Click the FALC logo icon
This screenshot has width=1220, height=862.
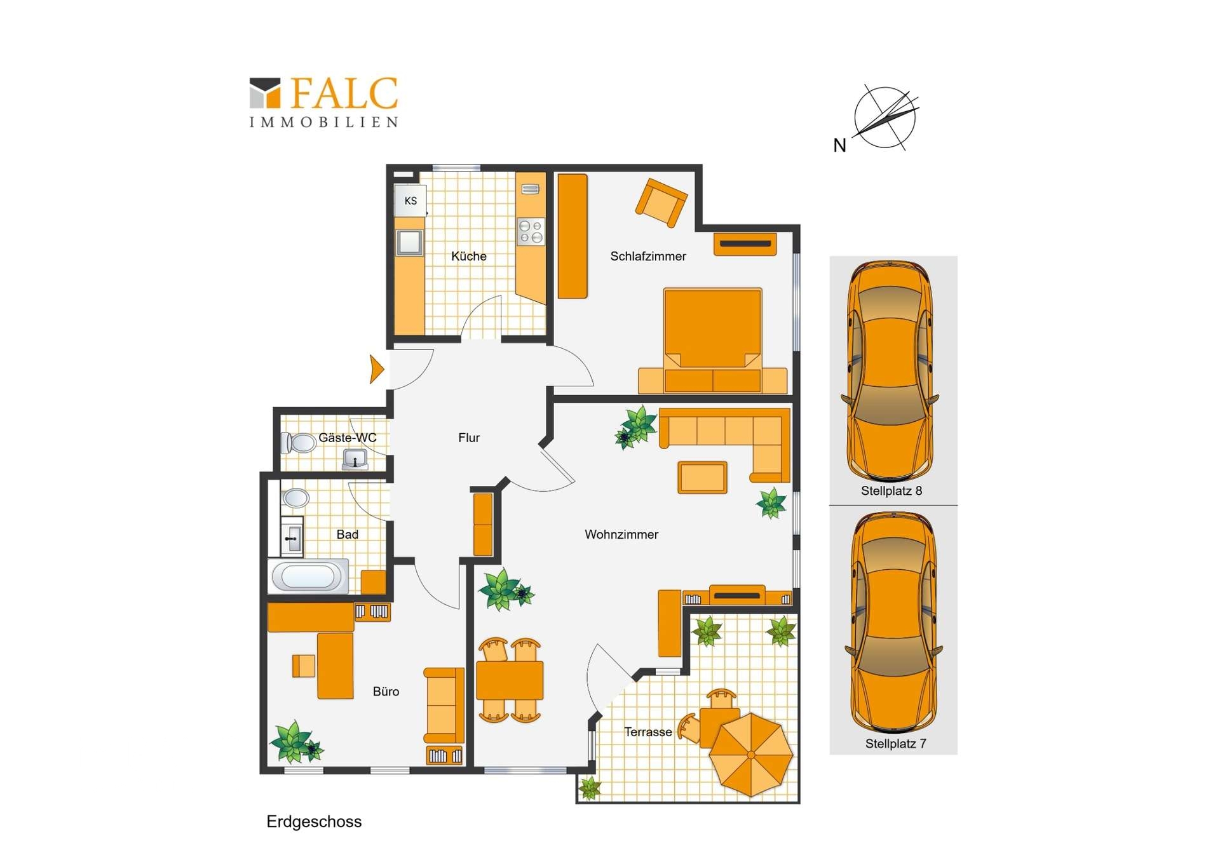point(265,93)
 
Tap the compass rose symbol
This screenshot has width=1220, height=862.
point(886,118)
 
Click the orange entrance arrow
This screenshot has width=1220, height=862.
point(377,369)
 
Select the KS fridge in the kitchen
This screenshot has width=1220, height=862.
point(410,201)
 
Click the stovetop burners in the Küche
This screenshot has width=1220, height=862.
point(531,231)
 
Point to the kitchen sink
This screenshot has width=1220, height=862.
point(409,242)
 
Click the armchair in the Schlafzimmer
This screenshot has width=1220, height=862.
point(661,202)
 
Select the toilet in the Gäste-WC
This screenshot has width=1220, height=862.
point(299,443)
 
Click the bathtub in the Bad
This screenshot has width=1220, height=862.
point(308,576)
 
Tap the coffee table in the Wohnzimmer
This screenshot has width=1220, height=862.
point(702,477)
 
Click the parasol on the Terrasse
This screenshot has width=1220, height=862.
point(751,755)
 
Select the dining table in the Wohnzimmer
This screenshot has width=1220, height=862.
point(510,680)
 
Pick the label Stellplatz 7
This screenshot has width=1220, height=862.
point(895,744)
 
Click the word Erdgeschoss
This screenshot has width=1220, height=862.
point(314,822)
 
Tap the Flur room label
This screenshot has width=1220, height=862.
point(469,438)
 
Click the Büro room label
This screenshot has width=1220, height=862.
point(386,692)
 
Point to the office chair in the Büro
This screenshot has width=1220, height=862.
point(304,666)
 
